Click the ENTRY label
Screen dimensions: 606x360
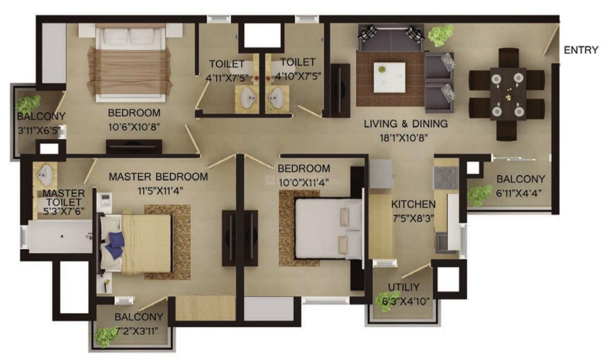click(581, 50)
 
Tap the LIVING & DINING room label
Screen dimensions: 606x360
click(406, 124)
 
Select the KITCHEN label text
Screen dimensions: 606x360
click(413, 204)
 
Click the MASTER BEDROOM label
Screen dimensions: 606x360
click(158, 177)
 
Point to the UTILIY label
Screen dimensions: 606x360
click(403, 287)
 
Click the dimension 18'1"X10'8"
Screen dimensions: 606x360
click(404, 137)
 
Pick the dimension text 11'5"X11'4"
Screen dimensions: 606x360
click(160, 190)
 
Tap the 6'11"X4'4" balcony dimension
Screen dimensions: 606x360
click(519, 193)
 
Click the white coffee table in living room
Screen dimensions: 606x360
click(390, 77)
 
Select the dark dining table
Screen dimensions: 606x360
click(508, 94)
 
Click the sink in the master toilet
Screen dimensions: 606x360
click(46, 175)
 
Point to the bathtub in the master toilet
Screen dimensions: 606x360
click(60, 237)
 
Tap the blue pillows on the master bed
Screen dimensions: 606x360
click(115, 245)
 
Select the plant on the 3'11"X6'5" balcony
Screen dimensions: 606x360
click(28, 104)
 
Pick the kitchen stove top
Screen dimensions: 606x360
click(446, 178)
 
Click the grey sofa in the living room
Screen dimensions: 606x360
click(391, 39)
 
